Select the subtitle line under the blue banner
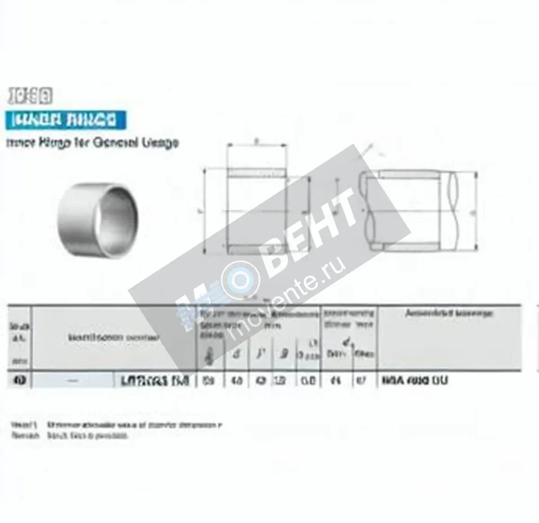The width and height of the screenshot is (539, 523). [92, 143]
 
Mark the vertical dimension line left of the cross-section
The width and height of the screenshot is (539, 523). [205, 211]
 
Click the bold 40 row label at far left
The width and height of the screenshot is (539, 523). [20, 381]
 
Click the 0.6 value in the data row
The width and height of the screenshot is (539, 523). [308, 381]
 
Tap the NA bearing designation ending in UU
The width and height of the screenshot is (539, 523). [414, 381]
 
